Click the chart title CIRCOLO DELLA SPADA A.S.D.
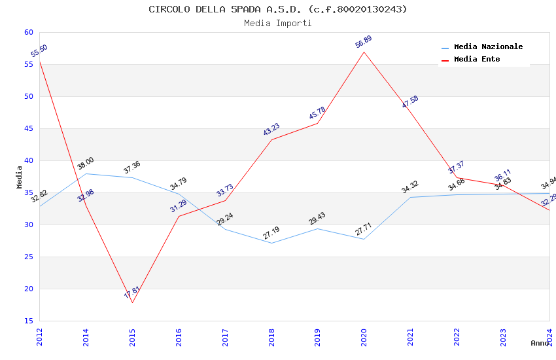[277, 9]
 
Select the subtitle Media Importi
[277, 23]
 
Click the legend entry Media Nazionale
[488, 46]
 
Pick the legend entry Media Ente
[477, 59]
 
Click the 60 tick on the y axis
[27, 32]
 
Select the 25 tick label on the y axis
[27, 257]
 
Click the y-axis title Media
[20, 177]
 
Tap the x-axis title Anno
[540, 343]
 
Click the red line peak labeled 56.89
[364, 52]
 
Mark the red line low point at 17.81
[132, 302]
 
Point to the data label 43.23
[271, 130]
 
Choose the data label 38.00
[86, 164]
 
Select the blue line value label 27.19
[271, 233]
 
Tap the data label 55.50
[39, 51]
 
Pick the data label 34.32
[410, 187]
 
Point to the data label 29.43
[317, 219]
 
